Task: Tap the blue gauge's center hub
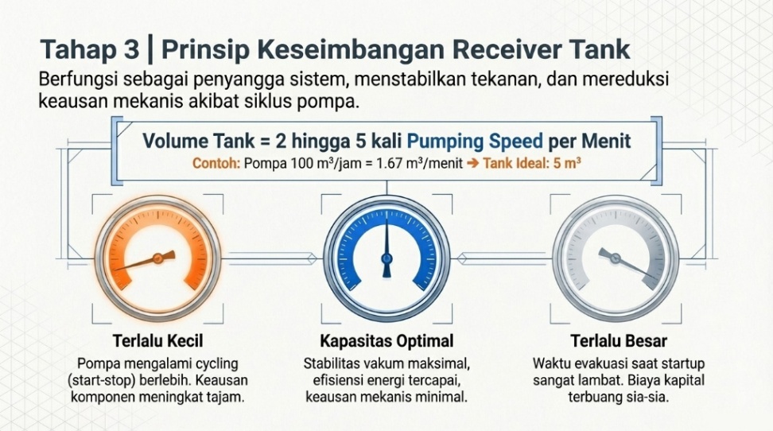tap(386, 258)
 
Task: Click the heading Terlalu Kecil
tap(157, 342)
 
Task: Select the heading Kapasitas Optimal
tap(386, 342)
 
